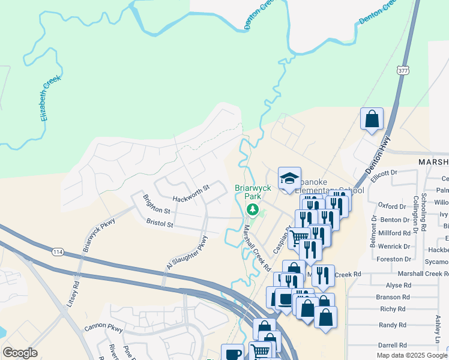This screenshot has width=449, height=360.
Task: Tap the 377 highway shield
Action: [x=403, y=71]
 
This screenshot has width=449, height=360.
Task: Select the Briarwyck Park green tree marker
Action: [x=253, y=209]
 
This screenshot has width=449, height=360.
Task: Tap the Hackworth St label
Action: [x=190, y=191]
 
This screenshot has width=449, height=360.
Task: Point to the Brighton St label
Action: [x=157, y=204]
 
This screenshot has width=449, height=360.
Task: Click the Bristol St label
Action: [x=159, y=223]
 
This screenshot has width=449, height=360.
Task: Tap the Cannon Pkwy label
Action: [x=103, y=327]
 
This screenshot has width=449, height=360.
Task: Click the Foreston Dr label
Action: [x=394, y=259]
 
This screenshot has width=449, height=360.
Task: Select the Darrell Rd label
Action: [x=393, y=346]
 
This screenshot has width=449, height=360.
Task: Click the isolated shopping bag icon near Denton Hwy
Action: [x=372, y=119]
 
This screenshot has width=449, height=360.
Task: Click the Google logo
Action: [x=20, y=353]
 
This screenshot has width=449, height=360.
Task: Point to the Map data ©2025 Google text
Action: [x=412, y=355]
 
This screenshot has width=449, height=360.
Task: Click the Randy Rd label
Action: [x=393, y=325]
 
